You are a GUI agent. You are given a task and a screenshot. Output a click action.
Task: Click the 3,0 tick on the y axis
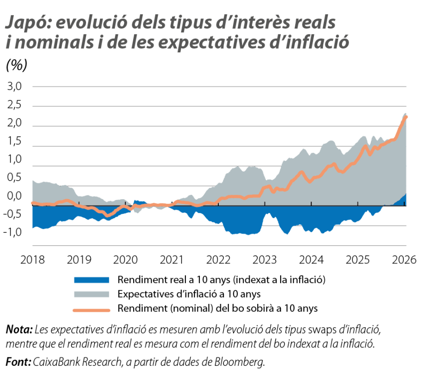coord(14,87)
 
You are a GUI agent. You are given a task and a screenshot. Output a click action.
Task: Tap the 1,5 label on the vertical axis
coord(14,141)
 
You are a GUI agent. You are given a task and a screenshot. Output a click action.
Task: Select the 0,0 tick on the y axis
coord(14,196)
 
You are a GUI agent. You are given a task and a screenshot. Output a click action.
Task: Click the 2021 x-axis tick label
coord(172,260)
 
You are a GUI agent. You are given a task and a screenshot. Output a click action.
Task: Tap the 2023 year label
coord(265,260)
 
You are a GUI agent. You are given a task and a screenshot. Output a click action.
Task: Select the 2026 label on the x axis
coord(405,260)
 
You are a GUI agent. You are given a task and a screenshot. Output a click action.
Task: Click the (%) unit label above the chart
coord(17,66)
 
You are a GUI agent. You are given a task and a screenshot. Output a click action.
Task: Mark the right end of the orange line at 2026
coord(407,117)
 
